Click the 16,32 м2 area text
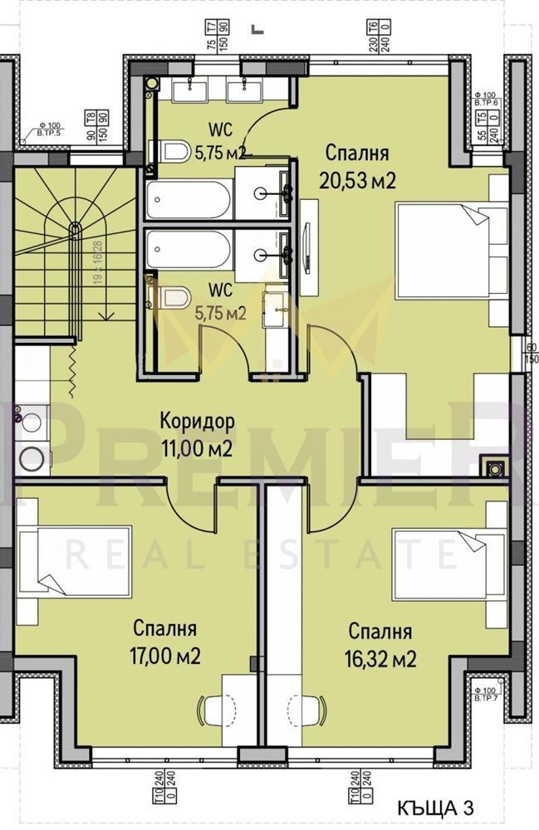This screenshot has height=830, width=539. point(380,659)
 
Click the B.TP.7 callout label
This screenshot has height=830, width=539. point(485,695)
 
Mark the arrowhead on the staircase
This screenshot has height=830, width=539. point(106,315)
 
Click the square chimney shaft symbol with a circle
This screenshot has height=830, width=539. point(495,469)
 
